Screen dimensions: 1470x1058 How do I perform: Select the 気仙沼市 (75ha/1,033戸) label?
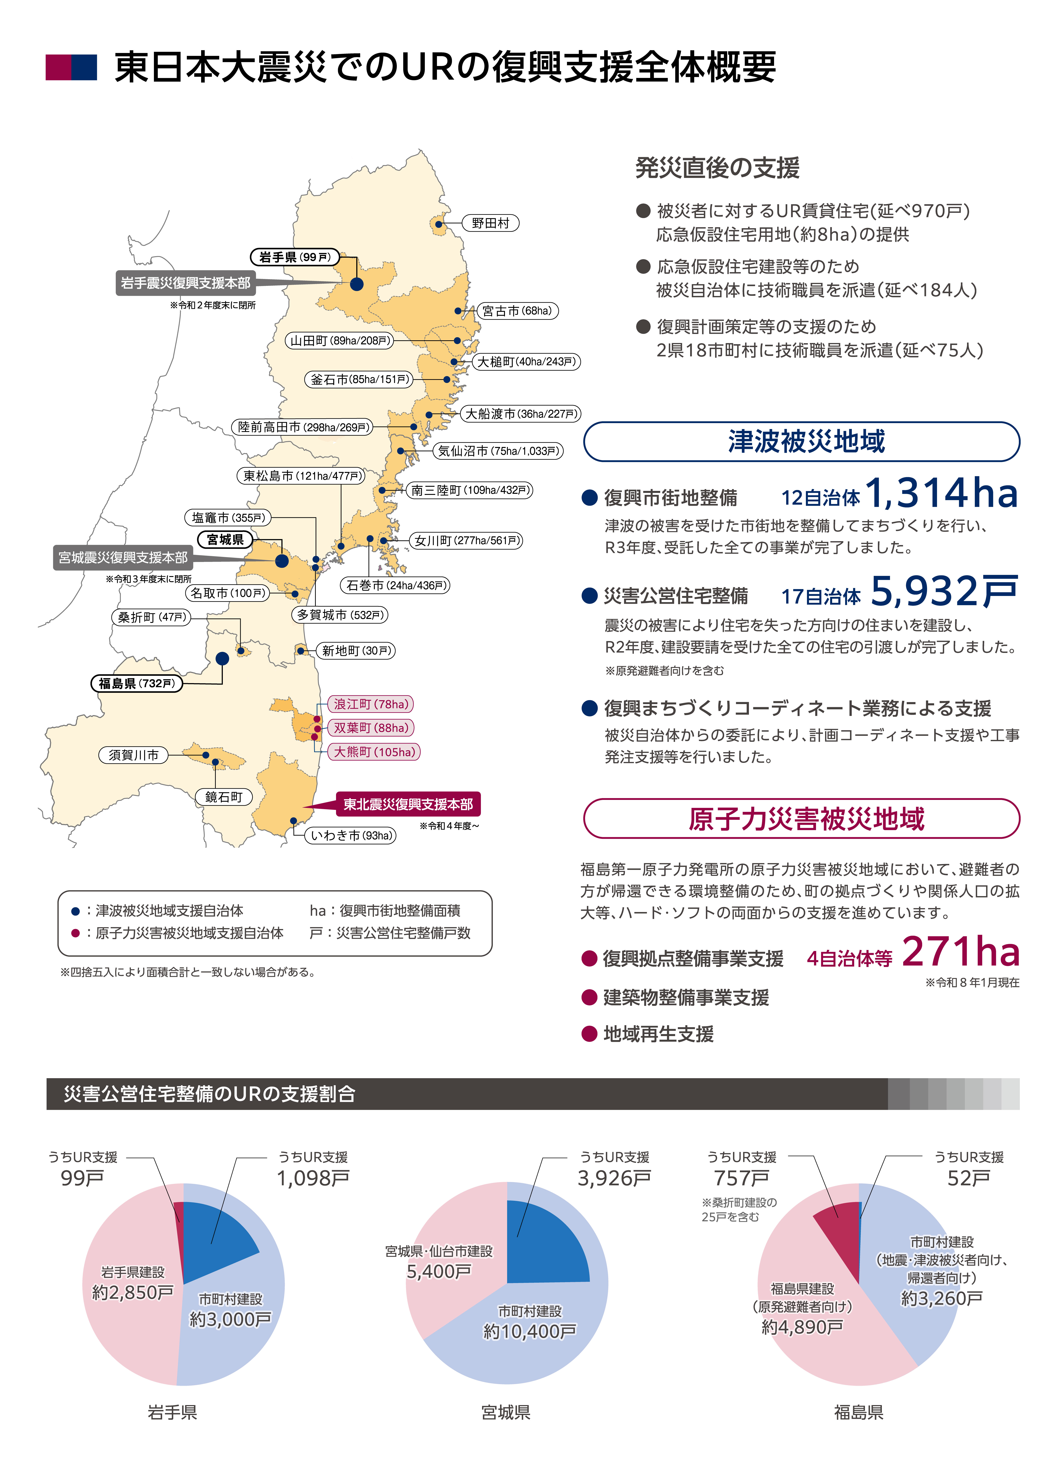[x=498, y=451]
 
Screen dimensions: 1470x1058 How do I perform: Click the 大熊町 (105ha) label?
[x=374, y=752]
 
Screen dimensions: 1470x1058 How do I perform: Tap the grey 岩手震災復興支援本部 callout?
[x=185, y=283]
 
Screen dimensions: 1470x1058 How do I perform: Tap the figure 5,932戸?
[x=944, y=592]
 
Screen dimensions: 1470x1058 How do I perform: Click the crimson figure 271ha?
[x=960, y=952]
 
